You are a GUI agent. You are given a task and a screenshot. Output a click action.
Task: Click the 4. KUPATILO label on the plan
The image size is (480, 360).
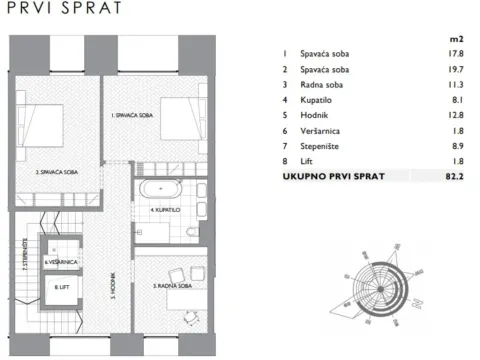[x=165, y=211]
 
